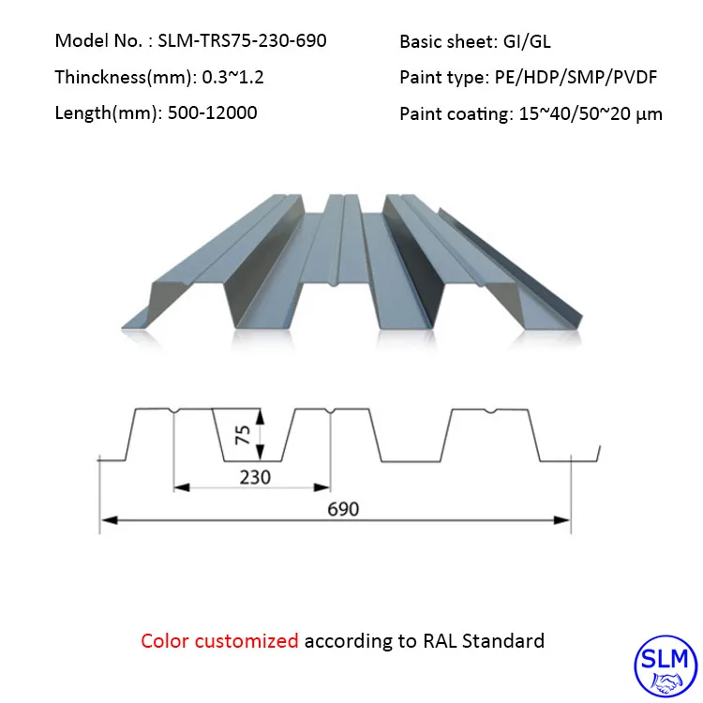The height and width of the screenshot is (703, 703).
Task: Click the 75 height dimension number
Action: coord(242,434)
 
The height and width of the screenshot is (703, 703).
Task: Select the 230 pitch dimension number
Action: coord(254,477)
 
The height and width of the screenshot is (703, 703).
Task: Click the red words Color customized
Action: coord(219,641)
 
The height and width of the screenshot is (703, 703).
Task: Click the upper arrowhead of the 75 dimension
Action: coord(263,413)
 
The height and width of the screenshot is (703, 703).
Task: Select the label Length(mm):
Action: coord(105,113)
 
